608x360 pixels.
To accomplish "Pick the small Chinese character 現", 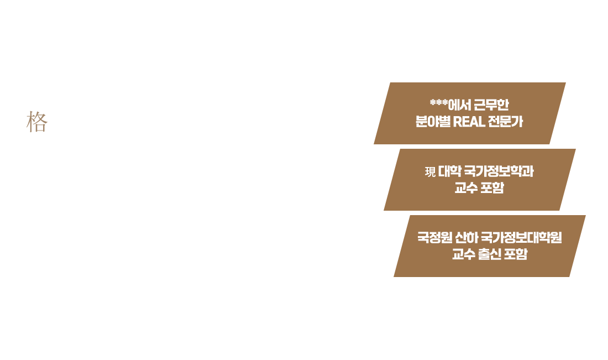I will [x=430, y=171].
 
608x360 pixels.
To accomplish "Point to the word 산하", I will [x=467, y=238].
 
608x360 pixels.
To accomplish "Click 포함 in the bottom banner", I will [x=516, y=255].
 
